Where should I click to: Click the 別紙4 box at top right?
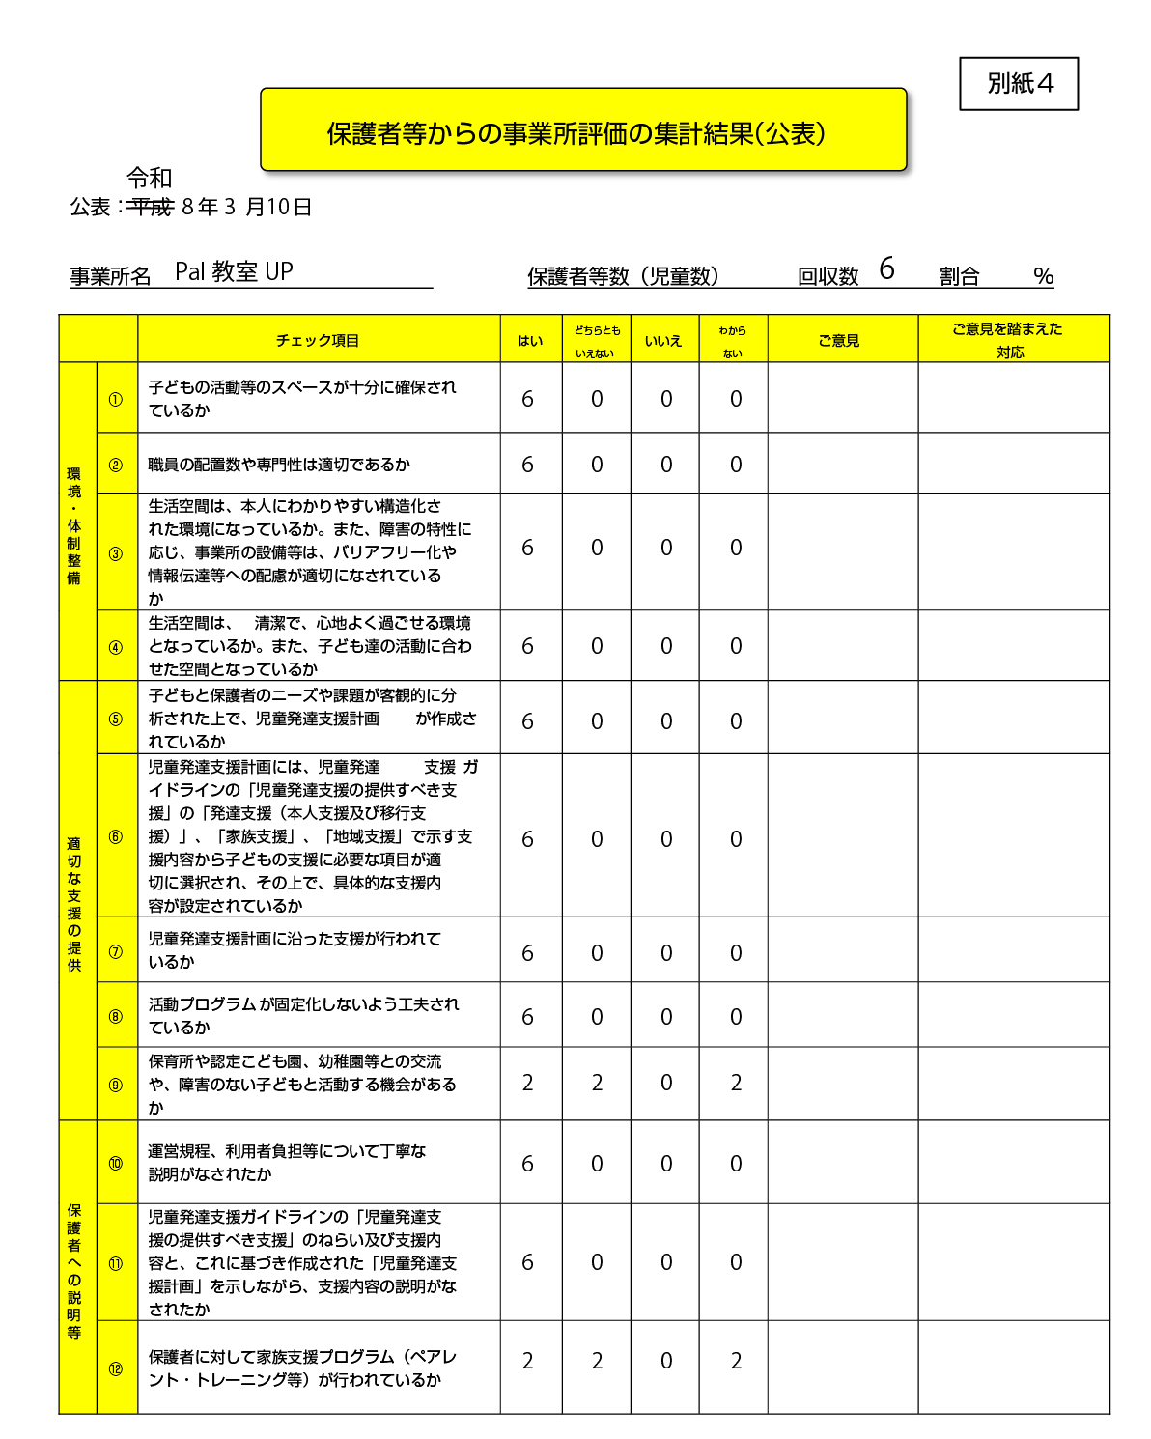click(1019, 84)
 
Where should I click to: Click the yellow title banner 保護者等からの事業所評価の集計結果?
click(582, 131)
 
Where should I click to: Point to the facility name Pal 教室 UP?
click(234, 272)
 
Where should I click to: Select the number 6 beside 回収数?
click(886, 269)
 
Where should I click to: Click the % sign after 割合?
click(1043, 276)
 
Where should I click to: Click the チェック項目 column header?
click(318, 340)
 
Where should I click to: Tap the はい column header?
click(530, 340)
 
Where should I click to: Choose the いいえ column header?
click(663, 340)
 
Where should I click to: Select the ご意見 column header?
click(839, 340)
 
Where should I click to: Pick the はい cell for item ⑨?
click(528, 1083)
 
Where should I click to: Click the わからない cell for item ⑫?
click(736, 1361)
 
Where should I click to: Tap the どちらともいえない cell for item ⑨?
click(597, 1083)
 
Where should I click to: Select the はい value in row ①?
click(528, 399)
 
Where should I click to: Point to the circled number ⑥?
click(116, 837)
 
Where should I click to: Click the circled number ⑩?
click(116, 1163)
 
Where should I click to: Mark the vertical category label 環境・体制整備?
click(74, 525)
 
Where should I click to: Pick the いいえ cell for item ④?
click(666, 646)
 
